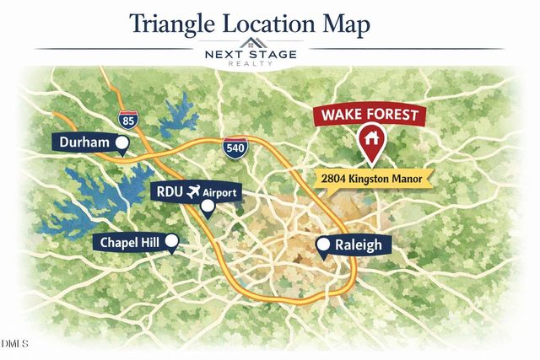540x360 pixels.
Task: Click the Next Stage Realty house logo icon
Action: (x=251, y=43)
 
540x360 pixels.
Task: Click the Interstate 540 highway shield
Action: (x=235, y=148)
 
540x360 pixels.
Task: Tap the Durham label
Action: (x=84, y=142)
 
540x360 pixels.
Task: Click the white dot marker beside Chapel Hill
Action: (x=172, y=243)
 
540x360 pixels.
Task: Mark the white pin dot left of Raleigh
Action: (x=323, y=246)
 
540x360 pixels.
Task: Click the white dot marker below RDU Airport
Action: (x=208, y=206)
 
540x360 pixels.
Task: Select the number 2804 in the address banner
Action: (x=337, y=179)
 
